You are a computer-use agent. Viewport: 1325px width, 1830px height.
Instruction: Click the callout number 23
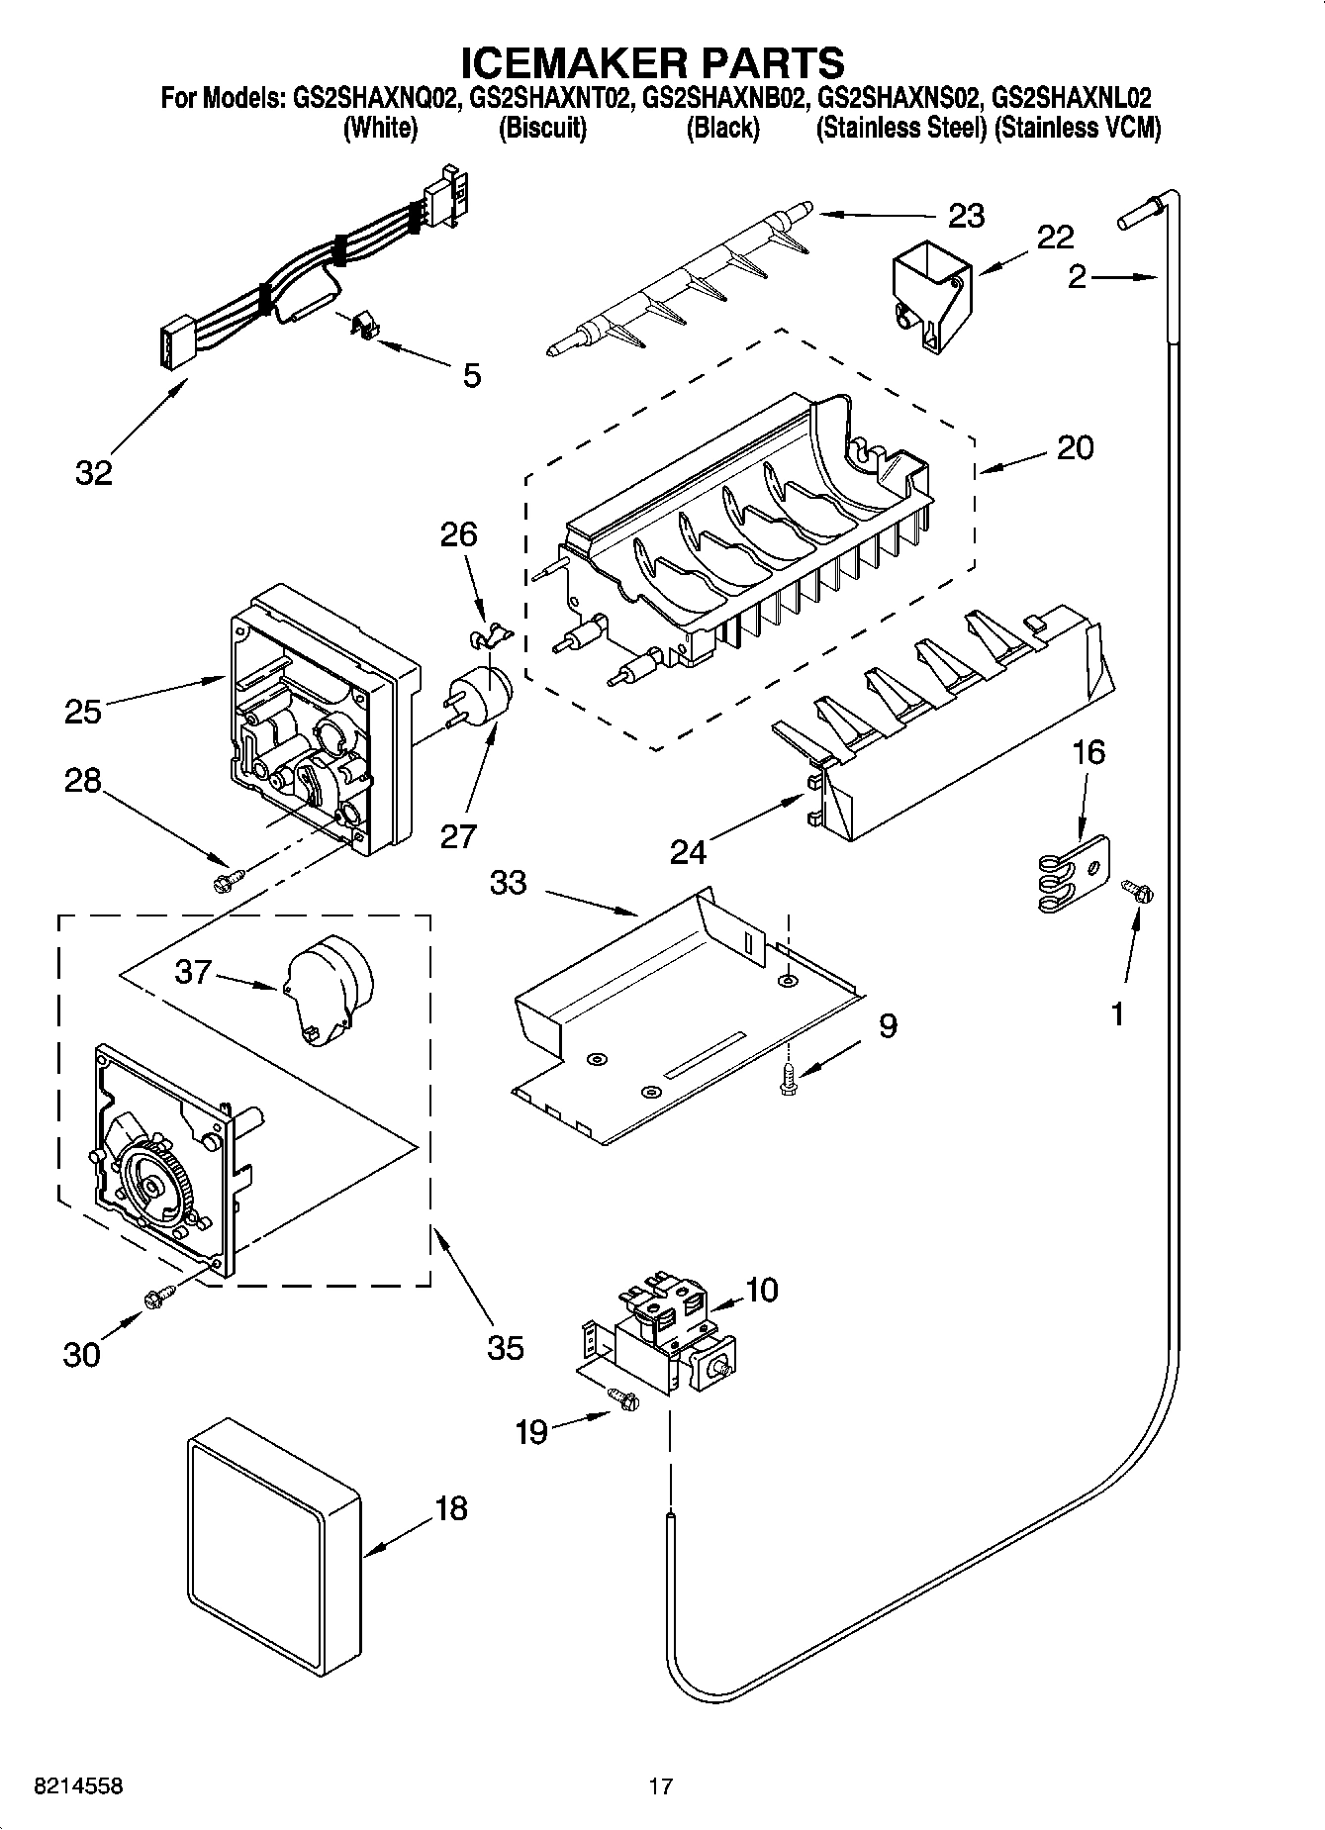(x=966, y=216)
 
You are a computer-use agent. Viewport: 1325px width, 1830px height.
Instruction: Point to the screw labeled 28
(x=227, y=878)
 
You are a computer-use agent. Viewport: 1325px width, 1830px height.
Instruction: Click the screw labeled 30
(x=158, y=1297)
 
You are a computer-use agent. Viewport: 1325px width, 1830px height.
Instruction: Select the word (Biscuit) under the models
(x=542, y=128)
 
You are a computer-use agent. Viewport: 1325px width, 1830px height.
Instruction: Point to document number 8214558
(x=79, y=1785)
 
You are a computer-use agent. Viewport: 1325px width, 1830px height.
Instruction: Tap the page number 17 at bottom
(x=661, y=1785)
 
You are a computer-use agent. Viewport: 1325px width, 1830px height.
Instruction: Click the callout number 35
(x=505, y=1347)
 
